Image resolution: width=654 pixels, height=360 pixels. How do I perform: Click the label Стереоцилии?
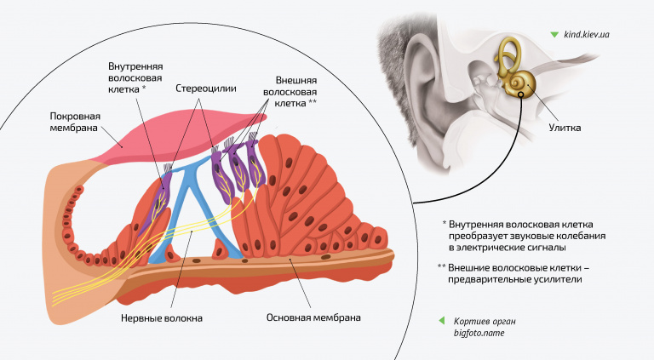(x=206, y=88)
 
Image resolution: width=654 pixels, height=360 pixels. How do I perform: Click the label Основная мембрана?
(x=313, y=317)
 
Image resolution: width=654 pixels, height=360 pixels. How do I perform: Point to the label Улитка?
(x=565, y=129)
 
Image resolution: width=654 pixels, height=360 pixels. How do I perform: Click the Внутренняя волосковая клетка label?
(x=135, y=77)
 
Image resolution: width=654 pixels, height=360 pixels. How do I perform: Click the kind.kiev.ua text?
(x=592, y=35)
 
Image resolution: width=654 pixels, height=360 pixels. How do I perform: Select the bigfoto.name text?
(x=479, y=333)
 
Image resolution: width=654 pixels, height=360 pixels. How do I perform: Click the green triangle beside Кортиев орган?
(x=441, y=321)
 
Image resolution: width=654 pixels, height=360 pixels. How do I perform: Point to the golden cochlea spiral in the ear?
(x=518, y=83)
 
